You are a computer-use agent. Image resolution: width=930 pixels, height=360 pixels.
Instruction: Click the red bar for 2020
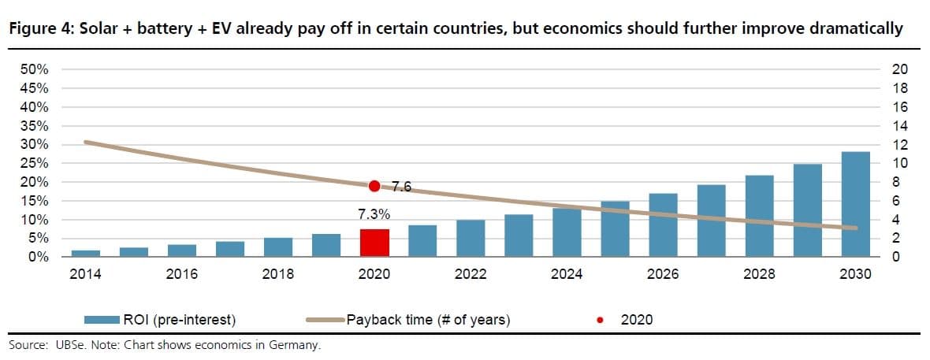(x=374, y=243)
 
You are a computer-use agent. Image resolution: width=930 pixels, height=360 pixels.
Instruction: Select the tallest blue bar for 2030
(x=855, y=204)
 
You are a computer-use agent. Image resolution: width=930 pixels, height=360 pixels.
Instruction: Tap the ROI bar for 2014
(x=86, y=253)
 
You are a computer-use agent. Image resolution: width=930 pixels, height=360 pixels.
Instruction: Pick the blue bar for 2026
(x=663, y=225)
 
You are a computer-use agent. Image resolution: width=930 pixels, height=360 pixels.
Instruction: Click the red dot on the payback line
(x=374, y=186)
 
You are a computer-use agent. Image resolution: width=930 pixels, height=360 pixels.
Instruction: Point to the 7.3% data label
(x=374, y=214)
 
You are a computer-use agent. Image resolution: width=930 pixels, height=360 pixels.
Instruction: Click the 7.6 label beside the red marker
(x=402, y=187)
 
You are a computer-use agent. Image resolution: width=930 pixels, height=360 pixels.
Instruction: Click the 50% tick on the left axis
(x=32, y=69)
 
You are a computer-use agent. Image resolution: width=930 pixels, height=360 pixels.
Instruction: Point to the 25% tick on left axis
(x=32, y=163)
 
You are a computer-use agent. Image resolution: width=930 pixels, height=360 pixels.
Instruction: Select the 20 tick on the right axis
(x=900, y=69)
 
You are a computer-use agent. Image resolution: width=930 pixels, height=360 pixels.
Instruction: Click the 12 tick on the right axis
(x=900, y=145)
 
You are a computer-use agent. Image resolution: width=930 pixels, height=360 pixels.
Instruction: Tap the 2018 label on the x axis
(x=277, y=274)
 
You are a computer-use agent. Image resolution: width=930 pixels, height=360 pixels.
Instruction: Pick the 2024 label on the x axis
(x=567, y=274)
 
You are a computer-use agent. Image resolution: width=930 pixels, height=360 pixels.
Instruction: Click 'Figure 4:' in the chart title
(x=35, y=29)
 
